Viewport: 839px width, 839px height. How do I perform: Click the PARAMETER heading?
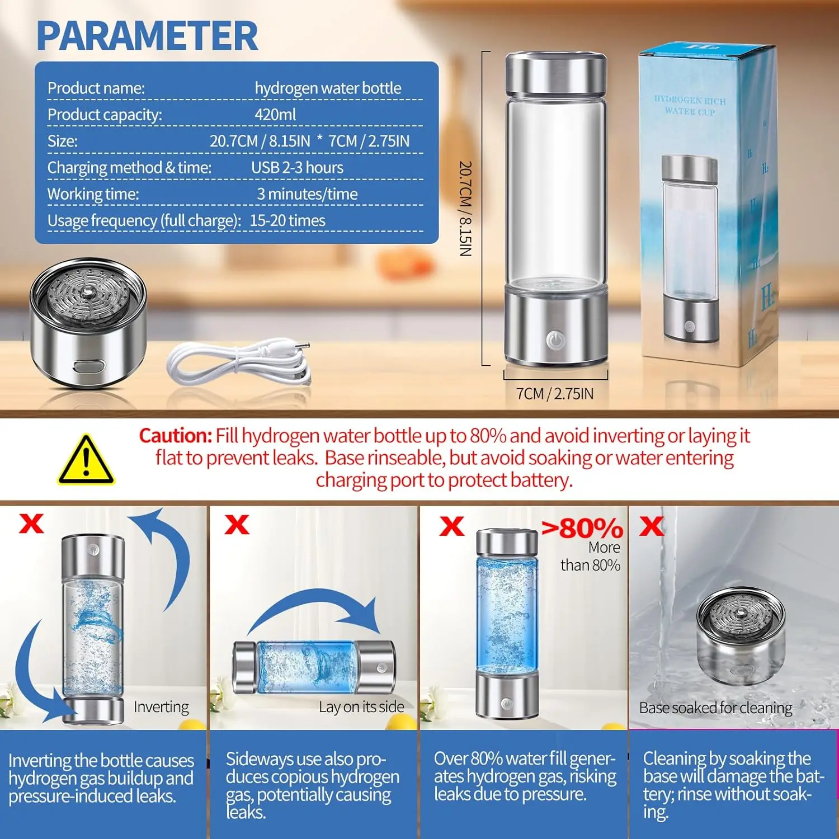(147, 36)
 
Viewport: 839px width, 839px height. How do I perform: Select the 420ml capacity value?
(275, 115)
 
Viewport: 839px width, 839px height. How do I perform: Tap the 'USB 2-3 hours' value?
(297, 167)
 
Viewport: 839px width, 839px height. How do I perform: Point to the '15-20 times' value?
(287, 220)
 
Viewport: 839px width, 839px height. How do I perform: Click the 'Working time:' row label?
(93, 194)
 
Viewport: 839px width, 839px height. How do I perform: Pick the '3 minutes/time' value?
(307, 194)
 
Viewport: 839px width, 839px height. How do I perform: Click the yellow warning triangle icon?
(86, 460)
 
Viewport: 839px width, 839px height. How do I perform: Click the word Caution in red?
(175, 435)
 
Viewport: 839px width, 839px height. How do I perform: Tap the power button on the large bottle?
(555, 339)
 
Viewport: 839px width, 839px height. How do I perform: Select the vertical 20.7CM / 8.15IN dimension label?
(465, 209)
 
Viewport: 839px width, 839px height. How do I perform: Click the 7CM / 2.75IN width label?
(555, 394)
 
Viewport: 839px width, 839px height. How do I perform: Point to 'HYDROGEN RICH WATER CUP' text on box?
(690, 106)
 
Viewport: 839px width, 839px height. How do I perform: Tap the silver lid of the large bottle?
(555, 74)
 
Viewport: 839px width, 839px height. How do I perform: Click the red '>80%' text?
(582, 528)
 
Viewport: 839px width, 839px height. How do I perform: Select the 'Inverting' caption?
(161, 707)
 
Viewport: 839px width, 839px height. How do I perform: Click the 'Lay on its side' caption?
(361, 707)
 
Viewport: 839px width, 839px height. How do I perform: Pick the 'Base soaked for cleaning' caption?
(715, 708)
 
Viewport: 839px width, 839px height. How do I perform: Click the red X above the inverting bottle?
(31, 524)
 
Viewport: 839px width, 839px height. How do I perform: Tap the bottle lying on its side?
(314, 668)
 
